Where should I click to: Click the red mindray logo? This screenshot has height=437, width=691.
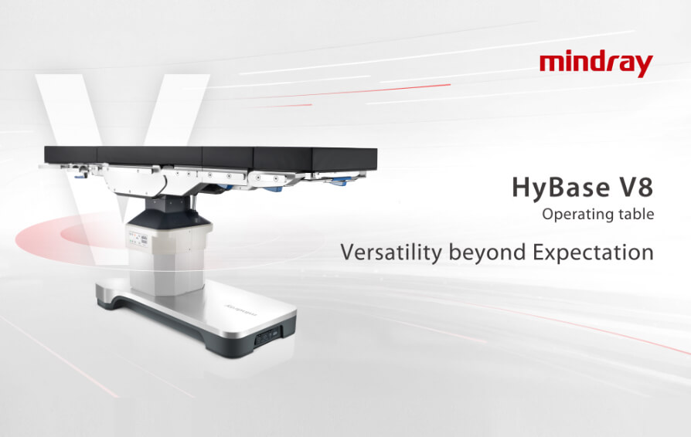[596, 63]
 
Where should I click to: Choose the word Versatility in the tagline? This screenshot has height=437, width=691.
[391, 252]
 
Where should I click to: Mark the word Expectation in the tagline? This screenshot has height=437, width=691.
[593, 252]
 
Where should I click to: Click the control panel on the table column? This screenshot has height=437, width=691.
[138, 240]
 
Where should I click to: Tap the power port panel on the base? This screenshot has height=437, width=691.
[268, 337]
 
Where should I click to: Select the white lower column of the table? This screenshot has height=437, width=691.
[169, 259]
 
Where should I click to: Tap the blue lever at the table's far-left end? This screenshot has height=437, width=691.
[80, 177]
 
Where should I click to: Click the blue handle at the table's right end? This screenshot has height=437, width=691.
[342, 181]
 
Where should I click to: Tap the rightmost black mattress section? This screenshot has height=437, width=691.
[315, 159]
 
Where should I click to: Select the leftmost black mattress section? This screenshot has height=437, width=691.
[70, 155]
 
